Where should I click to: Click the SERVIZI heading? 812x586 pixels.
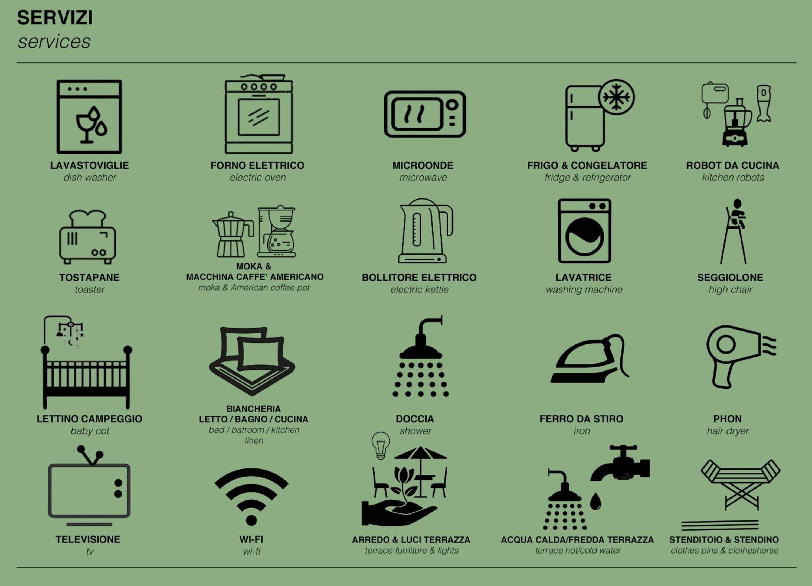click(x=55, y=18)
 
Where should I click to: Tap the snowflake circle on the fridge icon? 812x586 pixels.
click(x=616, y=97)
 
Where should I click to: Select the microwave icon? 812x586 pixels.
click(x=425, y=114)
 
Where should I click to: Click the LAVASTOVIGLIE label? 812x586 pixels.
click(x=89, y=165)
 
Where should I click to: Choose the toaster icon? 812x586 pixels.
click(x=88, y=237)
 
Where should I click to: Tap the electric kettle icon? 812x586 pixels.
click(x=425, y=231)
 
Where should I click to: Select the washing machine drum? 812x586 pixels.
click(x=585, y=237)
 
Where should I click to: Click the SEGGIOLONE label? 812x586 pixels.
click(x=730, y=277)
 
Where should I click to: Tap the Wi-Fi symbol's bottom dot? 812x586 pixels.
click(x=251, y=520)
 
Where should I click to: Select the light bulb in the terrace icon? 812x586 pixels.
click(x=381, y=445)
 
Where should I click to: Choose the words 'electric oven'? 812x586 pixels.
click(x=258, y=177)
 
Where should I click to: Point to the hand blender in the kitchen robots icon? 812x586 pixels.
click(x=763, y=103)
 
